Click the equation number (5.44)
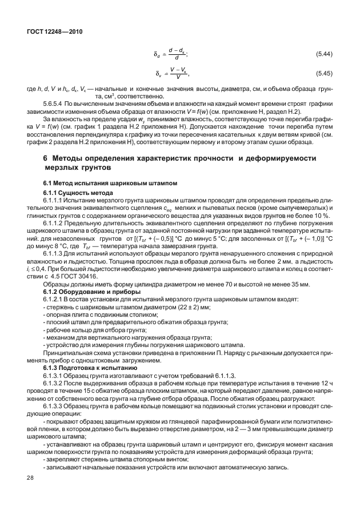click(324, 54)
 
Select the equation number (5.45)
click(324, 73)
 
